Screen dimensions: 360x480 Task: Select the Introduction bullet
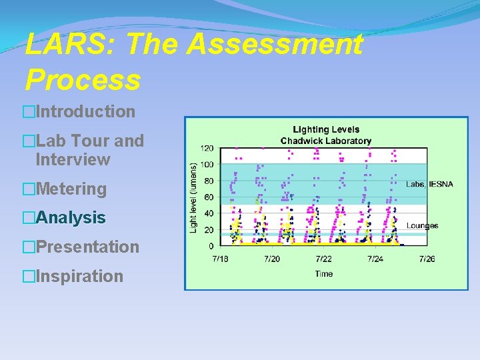[x=85, y=111]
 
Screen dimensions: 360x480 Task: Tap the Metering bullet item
[x=71, y=189]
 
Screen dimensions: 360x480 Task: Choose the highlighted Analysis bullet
[x=71, y=217]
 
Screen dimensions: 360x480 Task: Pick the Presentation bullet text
[x=87, y=247]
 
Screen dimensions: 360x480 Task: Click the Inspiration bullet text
[x=79, y=276]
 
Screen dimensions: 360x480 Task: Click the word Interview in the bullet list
[x=73, y=159]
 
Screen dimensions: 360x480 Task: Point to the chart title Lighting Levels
[x=326, y=129]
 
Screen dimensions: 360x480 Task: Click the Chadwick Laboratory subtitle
[x=326, y=141]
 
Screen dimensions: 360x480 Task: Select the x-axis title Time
[x=323, y=273]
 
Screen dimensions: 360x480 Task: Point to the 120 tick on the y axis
[x=207, y=148]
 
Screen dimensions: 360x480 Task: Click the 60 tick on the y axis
[x=209, y=197]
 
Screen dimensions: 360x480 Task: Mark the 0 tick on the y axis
[x=211, y=245]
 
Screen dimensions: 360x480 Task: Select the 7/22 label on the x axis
[x=323, y=259]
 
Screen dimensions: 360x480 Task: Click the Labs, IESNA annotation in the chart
[x=426, y=184]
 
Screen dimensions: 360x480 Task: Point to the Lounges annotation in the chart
[x=423, y=226]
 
